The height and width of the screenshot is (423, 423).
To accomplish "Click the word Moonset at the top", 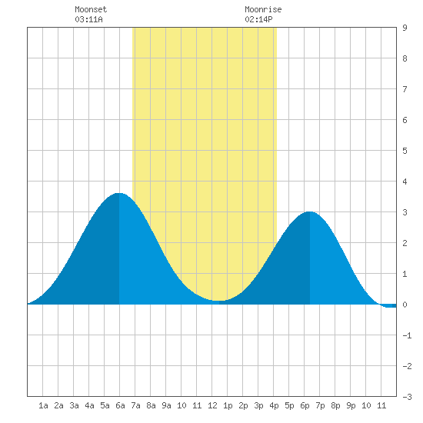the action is (x=91, y=9).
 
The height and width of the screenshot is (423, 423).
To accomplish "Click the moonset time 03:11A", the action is (x=88, y=19).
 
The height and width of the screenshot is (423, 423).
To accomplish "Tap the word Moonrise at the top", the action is (x=263, y=9).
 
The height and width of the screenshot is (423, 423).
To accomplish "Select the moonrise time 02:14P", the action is (x=258, y=19).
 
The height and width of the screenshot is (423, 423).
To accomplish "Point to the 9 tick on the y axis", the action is (x=405, y=28).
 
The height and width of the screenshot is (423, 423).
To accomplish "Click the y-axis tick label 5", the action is (x=405, y=151).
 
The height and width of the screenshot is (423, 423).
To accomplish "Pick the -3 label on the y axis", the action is (x=407, y=397).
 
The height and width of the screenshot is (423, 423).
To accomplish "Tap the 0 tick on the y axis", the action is (x=405, y=305).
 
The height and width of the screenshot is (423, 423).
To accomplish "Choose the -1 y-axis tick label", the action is (x=407, y=335).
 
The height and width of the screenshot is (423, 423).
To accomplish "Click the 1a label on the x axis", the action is (x=43, y=405).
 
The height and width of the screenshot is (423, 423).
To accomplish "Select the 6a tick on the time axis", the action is (x=120, y=405).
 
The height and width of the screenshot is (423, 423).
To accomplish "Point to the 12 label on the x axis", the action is (x=212, y=405).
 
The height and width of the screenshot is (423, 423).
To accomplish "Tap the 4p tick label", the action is (x=274, y=405).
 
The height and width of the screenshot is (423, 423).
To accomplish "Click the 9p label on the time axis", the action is (x=351, y=405).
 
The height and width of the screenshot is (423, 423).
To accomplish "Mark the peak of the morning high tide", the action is (x=118, y=193).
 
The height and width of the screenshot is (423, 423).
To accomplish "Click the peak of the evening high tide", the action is (x=310, y=211).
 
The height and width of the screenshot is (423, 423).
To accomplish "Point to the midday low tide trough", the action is (x=219, y=301).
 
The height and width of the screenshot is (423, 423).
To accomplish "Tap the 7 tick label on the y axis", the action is (x=405, y=89).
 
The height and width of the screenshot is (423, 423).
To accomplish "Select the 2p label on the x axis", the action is (x=243, y=405).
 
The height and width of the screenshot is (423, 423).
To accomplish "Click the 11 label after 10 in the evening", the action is (x=381, y=405).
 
